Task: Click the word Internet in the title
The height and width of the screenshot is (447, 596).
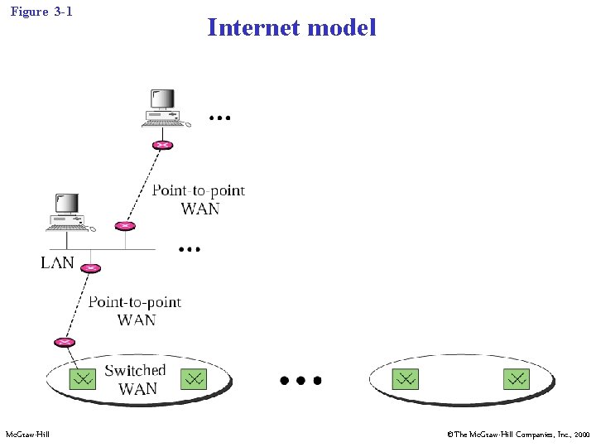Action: pyautogui.click(x=253, y=27)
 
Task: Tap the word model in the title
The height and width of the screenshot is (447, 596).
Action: pyautogui.click(x=341, y=27)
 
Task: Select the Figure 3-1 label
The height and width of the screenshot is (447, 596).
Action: pyautogui.click(x=41, y=12)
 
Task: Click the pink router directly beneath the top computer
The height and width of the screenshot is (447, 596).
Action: pyautogui.click(x=162, y=146)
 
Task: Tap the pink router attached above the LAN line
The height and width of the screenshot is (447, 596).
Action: pyautogui.click(x=125, y=225)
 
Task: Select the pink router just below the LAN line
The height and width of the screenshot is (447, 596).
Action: pyautogui.click(x=91, y=268)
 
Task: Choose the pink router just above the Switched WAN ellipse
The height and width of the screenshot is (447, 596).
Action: pyautogui.click(x=64, y=342)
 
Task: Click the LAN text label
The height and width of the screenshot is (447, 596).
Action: pyautogui.click(x=57, y=263)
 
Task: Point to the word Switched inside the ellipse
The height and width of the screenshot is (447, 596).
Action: pyautogui.click(x=135, y=370)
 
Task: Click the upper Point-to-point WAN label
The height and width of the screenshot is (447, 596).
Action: pyautogui.click(x=199, y=199)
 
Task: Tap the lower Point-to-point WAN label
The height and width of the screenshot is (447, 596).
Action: pyautogui.click(x=135, y=310)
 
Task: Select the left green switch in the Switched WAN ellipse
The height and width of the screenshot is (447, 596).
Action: pyautogui.click(x=82, y=379)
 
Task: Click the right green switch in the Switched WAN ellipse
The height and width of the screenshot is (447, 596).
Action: pyautogui.click(x=193, y=379)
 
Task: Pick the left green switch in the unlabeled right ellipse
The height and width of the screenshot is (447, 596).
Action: pyautogui.click(x=405, y=379)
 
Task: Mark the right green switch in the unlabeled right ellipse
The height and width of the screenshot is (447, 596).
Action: pyautogui.click(x=516, y=379)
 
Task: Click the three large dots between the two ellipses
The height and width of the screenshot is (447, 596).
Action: pyautogui.click(x=300, y=381)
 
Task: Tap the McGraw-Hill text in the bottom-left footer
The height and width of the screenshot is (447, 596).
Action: pyautogui.click(x=27, y=435)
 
